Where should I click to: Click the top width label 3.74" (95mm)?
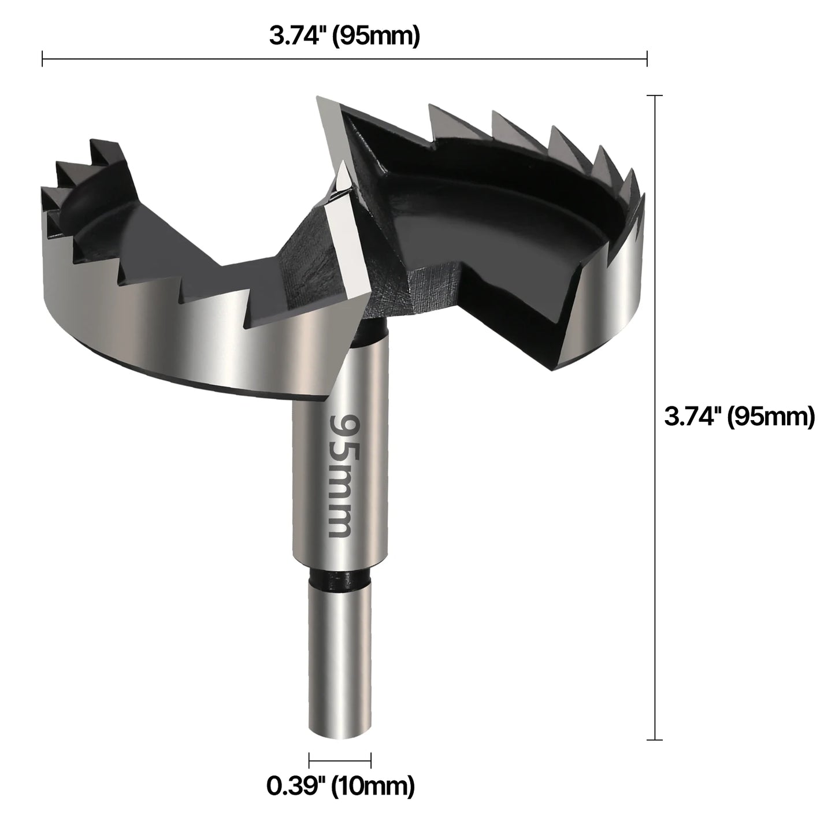344,36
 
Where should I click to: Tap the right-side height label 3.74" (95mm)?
739,416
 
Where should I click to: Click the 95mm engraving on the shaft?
340,475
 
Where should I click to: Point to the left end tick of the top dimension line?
43,58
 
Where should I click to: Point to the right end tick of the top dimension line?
647,58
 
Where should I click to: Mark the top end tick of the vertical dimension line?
654,95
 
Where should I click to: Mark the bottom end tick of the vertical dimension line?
654,739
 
